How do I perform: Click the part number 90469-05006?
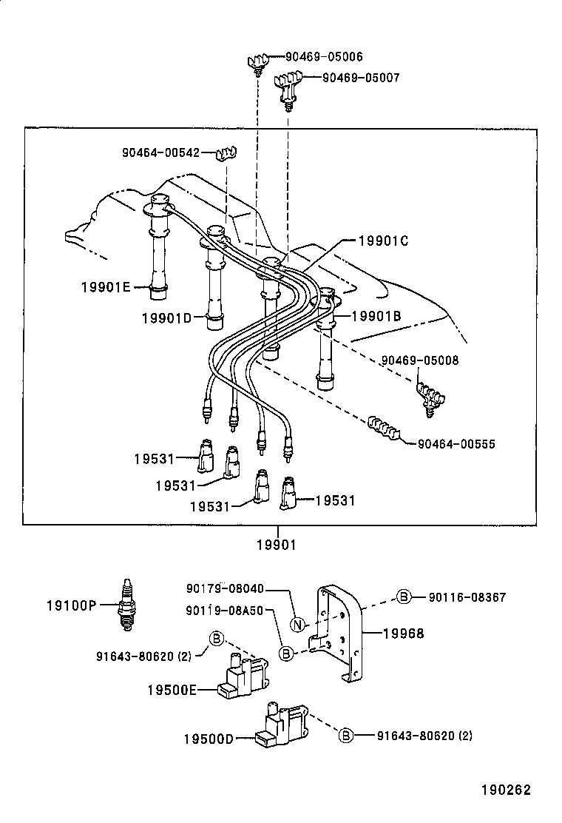click(x=324, y=57)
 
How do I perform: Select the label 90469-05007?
click(x=361, y=78)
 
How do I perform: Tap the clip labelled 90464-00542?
click(x=226, y=154)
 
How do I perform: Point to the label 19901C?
click(x=383, y=241)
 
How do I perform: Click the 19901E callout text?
click(x=106, y=287)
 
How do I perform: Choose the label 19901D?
click(x=166, y=318)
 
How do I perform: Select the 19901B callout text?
click(x=376, y=316)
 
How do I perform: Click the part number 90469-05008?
click(x=420, y=360)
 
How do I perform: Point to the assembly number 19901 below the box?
click(x=277, y=545)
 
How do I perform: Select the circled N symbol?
click(x=297, y=625)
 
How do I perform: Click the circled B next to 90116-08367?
click(x=403, y=597)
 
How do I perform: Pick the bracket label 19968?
click(x=404, y=634)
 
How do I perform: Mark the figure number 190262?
click(x=507, y=790)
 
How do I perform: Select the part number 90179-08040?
click(x=226, y=588)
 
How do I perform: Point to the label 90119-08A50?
click(x=224, y=611)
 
